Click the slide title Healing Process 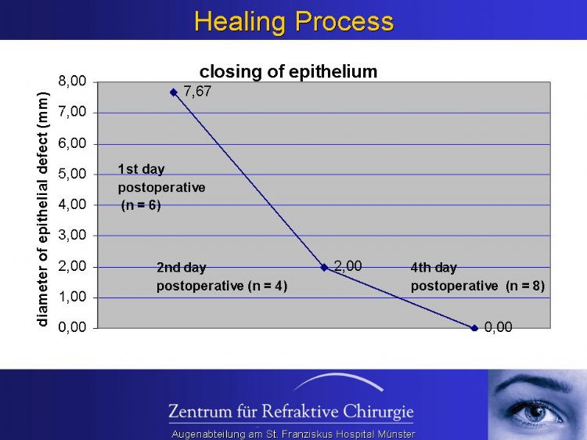pos(293,21)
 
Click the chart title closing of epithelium pos(288,71)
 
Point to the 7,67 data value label pos(197,91)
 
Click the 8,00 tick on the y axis pos(72,81)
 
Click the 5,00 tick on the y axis pos(72,174)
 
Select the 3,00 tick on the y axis pos(72,235)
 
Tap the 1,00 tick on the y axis pos(72,297)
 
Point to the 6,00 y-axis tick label pos(72,143)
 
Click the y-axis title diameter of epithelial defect pos(42,209)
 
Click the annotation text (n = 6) pos(141,205)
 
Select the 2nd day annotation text pos(182,268)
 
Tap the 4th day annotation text pos(434,268)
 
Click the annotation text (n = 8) pos(525,286)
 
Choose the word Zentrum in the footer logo pos(200,411)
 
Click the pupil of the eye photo pos(538,412)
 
